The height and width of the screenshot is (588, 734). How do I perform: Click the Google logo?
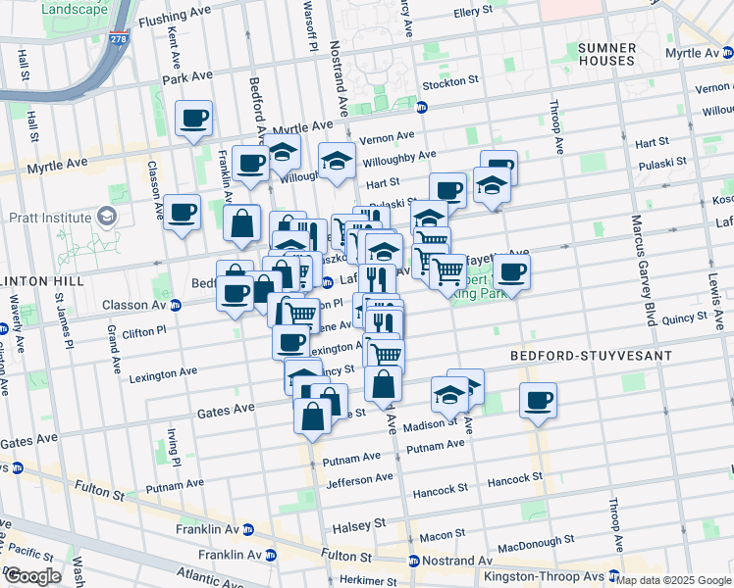32,576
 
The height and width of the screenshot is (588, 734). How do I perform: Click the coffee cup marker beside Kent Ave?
193,120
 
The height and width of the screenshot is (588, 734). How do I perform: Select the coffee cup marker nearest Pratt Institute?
182,212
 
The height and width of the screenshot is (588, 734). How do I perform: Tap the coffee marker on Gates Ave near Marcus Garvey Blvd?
538,400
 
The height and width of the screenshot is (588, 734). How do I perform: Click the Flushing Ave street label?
177,19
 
